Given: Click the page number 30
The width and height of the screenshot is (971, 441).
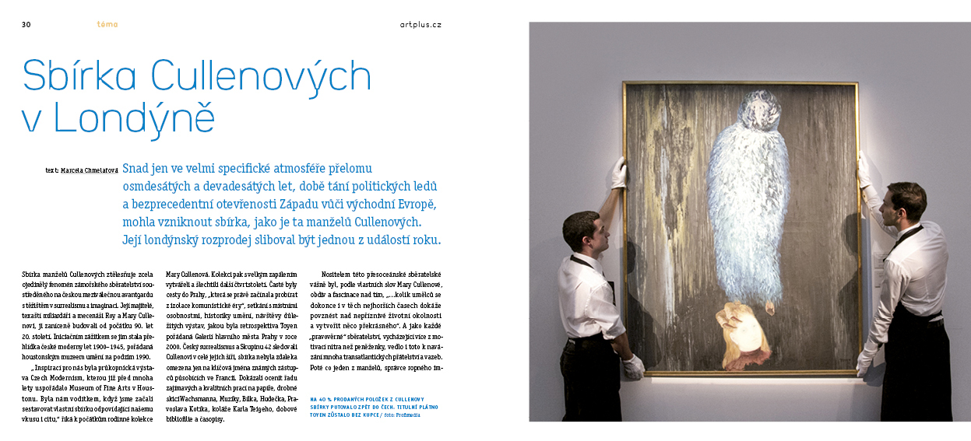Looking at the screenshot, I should tap(26, 24).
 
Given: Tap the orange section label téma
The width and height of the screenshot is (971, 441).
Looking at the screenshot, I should tap(107, 24).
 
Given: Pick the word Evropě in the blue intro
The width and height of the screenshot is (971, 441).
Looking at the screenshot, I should tap(414, 204).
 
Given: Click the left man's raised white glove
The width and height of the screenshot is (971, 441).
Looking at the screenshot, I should tap(619, 173).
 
